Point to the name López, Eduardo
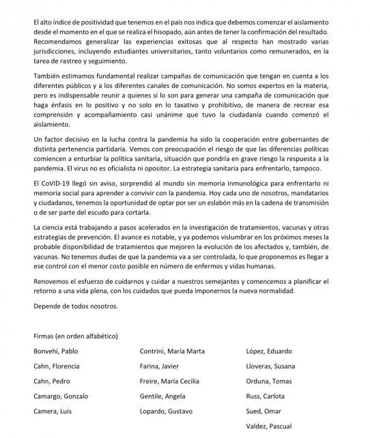coord(267,352)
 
